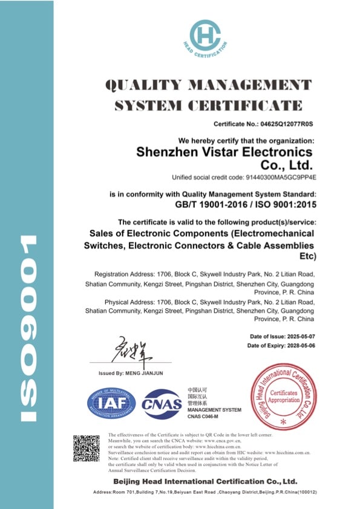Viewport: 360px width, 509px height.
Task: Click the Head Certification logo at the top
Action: point(209,36)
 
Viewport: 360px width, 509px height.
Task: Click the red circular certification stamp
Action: point(283,396)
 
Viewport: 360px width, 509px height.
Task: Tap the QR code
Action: point(86,448)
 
